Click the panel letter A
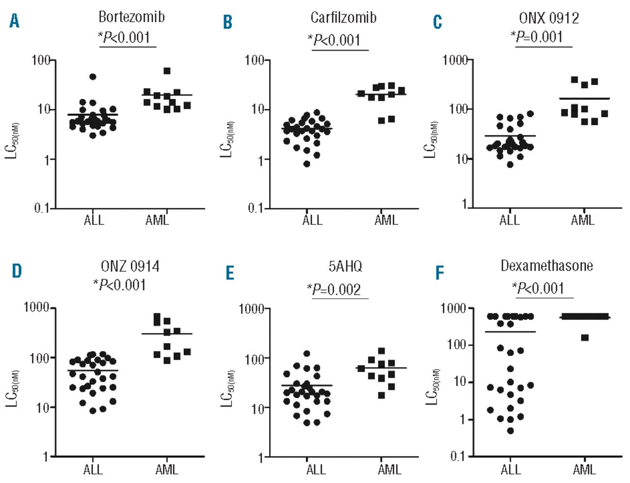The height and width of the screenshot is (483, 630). (x=15, y=21)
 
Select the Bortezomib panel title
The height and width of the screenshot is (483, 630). (x=131, y=17)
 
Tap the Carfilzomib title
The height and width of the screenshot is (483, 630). (x=343, y=18)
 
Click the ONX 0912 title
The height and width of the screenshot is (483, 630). (x=549, y=18)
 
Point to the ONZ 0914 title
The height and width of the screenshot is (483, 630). (x=130, y=267)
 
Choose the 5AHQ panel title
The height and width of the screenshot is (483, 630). (x=345, y=267)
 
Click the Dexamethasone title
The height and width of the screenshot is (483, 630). (x=546, y=266)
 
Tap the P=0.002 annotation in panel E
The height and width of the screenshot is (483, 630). (x=336, y=289)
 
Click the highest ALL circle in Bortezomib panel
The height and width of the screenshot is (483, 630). (x=93, y=76)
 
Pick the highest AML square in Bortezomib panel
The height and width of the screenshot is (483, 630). (x=167, y=71)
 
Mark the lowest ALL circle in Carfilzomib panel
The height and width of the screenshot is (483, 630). (x=307, y=164)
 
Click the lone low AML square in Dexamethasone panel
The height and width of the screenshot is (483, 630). (x=585, y=338)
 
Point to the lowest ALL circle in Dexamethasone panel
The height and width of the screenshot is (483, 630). (x=510, y=431)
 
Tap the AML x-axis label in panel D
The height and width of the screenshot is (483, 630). (x=166, y=469)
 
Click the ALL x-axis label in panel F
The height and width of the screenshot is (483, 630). (x=510, y=469)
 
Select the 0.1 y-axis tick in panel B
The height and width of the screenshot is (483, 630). (x=255, y=208)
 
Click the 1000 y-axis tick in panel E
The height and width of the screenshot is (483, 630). (x=251, y=309)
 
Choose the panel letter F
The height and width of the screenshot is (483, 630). (x=440, y=273)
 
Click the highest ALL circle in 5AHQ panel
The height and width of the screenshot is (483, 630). (x=307, y=353)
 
